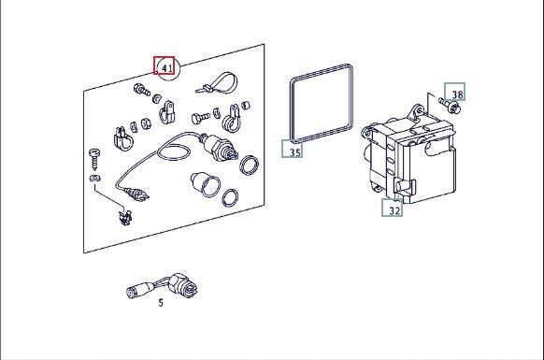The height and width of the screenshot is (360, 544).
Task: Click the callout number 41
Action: click(x=167, y=68)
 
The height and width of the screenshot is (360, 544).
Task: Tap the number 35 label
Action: click(x=295, y=152)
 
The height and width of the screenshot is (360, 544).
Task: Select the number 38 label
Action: click(x=457, y=94)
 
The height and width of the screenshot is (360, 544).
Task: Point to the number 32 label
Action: click(x=394, y=210)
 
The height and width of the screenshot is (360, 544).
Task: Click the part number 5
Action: click(x=161, y=303)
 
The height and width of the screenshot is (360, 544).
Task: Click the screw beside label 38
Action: click(x=450, y=105)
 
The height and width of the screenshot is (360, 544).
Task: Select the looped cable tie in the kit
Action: click(x=218, y=83)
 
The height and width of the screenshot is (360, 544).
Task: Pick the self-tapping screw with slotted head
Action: click(x=94, y=158)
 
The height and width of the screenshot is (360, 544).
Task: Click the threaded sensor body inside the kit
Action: click(x=219, y=149)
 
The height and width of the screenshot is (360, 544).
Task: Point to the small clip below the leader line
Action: click(x=125, y=217)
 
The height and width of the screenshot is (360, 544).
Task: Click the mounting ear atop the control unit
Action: click(x=417, y=112)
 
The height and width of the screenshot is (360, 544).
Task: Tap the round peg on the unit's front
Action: click(x=404, y=186)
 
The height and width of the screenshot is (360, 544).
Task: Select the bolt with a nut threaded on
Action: click(x=141, y=90)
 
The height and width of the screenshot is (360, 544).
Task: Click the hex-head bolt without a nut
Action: click(x=200, y=118)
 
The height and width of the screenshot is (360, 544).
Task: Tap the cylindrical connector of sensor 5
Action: click(x=138, y=290)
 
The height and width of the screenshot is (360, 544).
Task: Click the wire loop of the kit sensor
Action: click(x=175, y=148)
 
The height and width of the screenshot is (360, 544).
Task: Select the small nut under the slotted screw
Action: click(x=94, y=178)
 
